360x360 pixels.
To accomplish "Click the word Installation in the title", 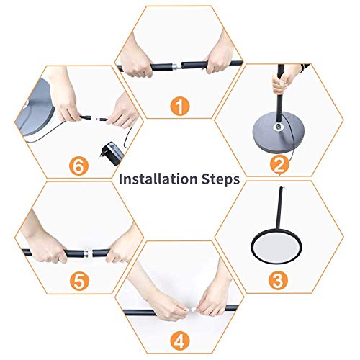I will click(x=153, y=179).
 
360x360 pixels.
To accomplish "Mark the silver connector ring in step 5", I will click(x=84, y=254).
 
